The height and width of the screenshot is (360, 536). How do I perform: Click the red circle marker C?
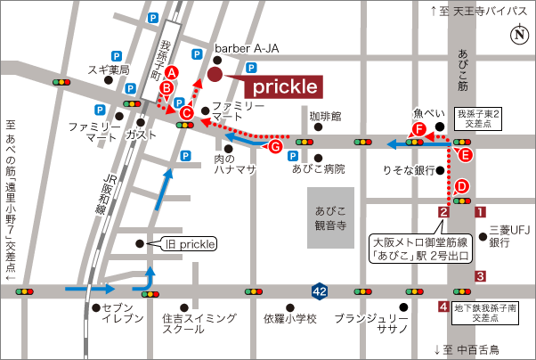coord(186,113)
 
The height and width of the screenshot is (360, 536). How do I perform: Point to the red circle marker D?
coord(461,186)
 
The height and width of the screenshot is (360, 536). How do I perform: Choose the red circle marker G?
coord(275,146)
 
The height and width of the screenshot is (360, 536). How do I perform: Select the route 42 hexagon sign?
coord(320,290)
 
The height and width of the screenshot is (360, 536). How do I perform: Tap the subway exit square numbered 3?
coord(480,276)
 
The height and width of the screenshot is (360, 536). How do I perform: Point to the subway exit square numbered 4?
coord(443,307)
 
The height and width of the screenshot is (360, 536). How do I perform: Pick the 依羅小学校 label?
coord(289,318)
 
